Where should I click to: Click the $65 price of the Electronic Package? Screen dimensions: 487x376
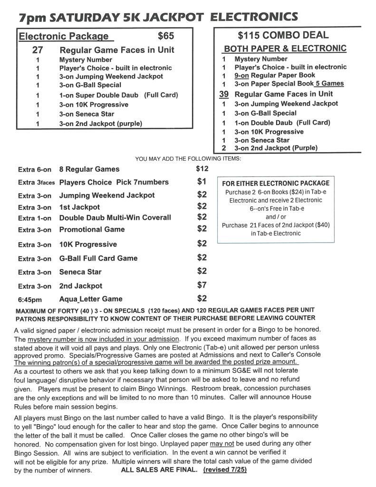166,36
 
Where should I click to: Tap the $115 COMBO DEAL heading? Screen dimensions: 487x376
283,35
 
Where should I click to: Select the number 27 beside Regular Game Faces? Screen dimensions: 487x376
38,50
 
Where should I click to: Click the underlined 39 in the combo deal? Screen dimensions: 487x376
223,94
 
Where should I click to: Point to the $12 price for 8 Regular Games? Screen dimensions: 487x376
202,168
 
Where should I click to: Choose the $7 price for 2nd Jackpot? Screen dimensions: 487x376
202,285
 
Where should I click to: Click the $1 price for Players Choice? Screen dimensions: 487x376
202,181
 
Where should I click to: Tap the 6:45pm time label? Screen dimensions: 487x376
30,300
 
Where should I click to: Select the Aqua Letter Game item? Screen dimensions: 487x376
91,299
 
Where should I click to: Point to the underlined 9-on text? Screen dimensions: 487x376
241,75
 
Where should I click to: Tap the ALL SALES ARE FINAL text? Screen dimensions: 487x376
159,470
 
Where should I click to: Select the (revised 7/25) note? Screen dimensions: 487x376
225,470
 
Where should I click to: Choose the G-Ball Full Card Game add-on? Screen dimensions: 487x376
98,258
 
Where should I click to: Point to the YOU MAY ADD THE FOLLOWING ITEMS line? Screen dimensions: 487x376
188,158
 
